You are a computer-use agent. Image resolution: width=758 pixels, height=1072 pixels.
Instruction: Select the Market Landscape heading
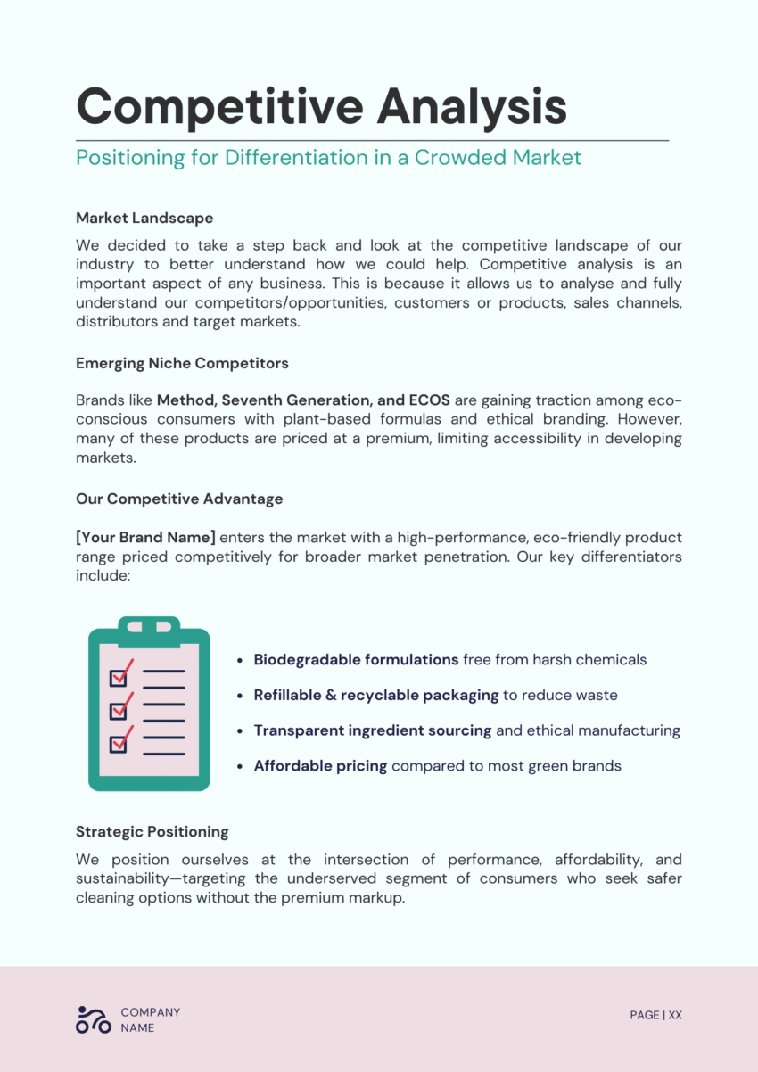144,218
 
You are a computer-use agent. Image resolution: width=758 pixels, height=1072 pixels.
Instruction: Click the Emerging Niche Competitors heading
182,363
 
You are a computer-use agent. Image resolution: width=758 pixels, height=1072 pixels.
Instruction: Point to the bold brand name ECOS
429,400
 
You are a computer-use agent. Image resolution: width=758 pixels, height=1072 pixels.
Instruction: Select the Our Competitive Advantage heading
179,499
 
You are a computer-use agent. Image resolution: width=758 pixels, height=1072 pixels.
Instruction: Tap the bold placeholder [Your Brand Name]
145,538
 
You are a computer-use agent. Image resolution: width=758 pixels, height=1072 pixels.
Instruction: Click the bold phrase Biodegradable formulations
356,660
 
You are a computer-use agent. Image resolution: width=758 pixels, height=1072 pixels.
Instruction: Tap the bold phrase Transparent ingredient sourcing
372,730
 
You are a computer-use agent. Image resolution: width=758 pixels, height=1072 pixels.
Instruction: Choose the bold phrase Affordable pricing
320,765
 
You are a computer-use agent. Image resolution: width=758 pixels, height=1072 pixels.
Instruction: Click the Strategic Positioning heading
152,831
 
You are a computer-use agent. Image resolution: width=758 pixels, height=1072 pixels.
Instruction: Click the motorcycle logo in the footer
94,1019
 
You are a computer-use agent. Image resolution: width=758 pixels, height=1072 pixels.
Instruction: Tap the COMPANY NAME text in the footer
150,1019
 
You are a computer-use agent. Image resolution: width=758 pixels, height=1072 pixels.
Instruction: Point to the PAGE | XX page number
655,1015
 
